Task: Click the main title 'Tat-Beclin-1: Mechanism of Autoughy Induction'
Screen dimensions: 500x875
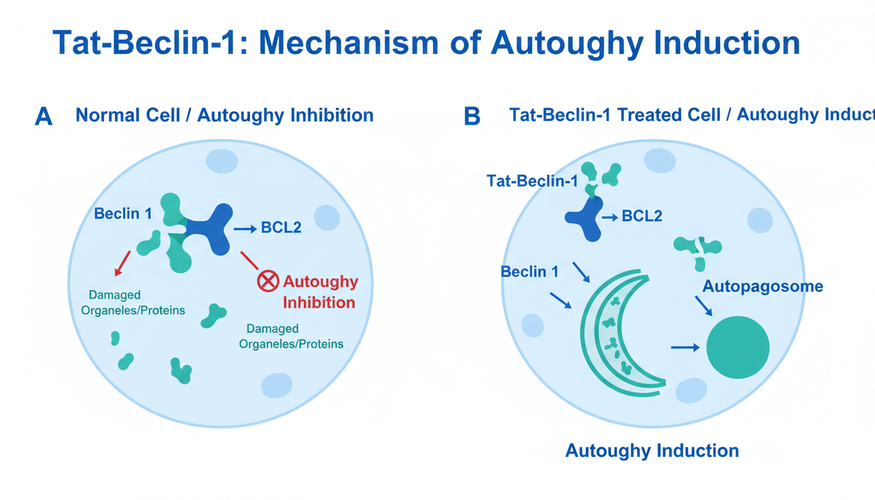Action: click(x=426, y=43)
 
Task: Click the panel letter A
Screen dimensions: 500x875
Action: click(x=43, y=117)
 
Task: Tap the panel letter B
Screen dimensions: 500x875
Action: click(x=471, y=117)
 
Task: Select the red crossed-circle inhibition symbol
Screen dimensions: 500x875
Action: click(x=268, y=282)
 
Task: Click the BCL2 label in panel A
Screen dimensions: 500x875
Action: click(x=281, y=229)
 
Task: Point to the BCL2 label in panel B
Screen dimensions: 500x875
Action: click(x=642, y=216)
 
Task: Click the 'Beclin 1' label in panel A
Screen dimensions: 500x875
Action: click(x=123, y=213)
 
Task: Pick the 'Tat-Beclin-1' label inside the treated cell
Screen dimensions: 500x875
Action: click(x=532, y=181)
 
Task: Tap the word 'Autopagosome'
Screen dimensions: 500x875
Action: click(x=763, y=286)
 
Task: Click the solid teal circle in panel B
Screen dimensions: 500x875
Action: click(x=738, y=347)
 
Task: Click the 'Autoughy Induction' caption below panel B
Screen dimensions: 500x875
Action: click(x=652, y=451)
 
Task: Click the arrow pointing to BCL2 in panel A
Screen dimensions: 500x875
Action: click(x=245, y=229)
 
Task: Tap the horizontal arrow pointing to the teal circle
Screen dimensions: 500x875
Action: click(x=685, y=348)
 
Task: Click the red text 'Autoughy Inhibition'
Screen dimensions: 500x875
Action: click(x=320, y=292)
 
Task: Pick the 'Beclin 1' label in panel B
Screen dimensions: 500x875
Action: click(x=529, y=271)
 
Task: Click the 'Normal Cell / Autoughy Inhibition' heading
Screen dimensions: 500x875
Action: click(x=225, y=116)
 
